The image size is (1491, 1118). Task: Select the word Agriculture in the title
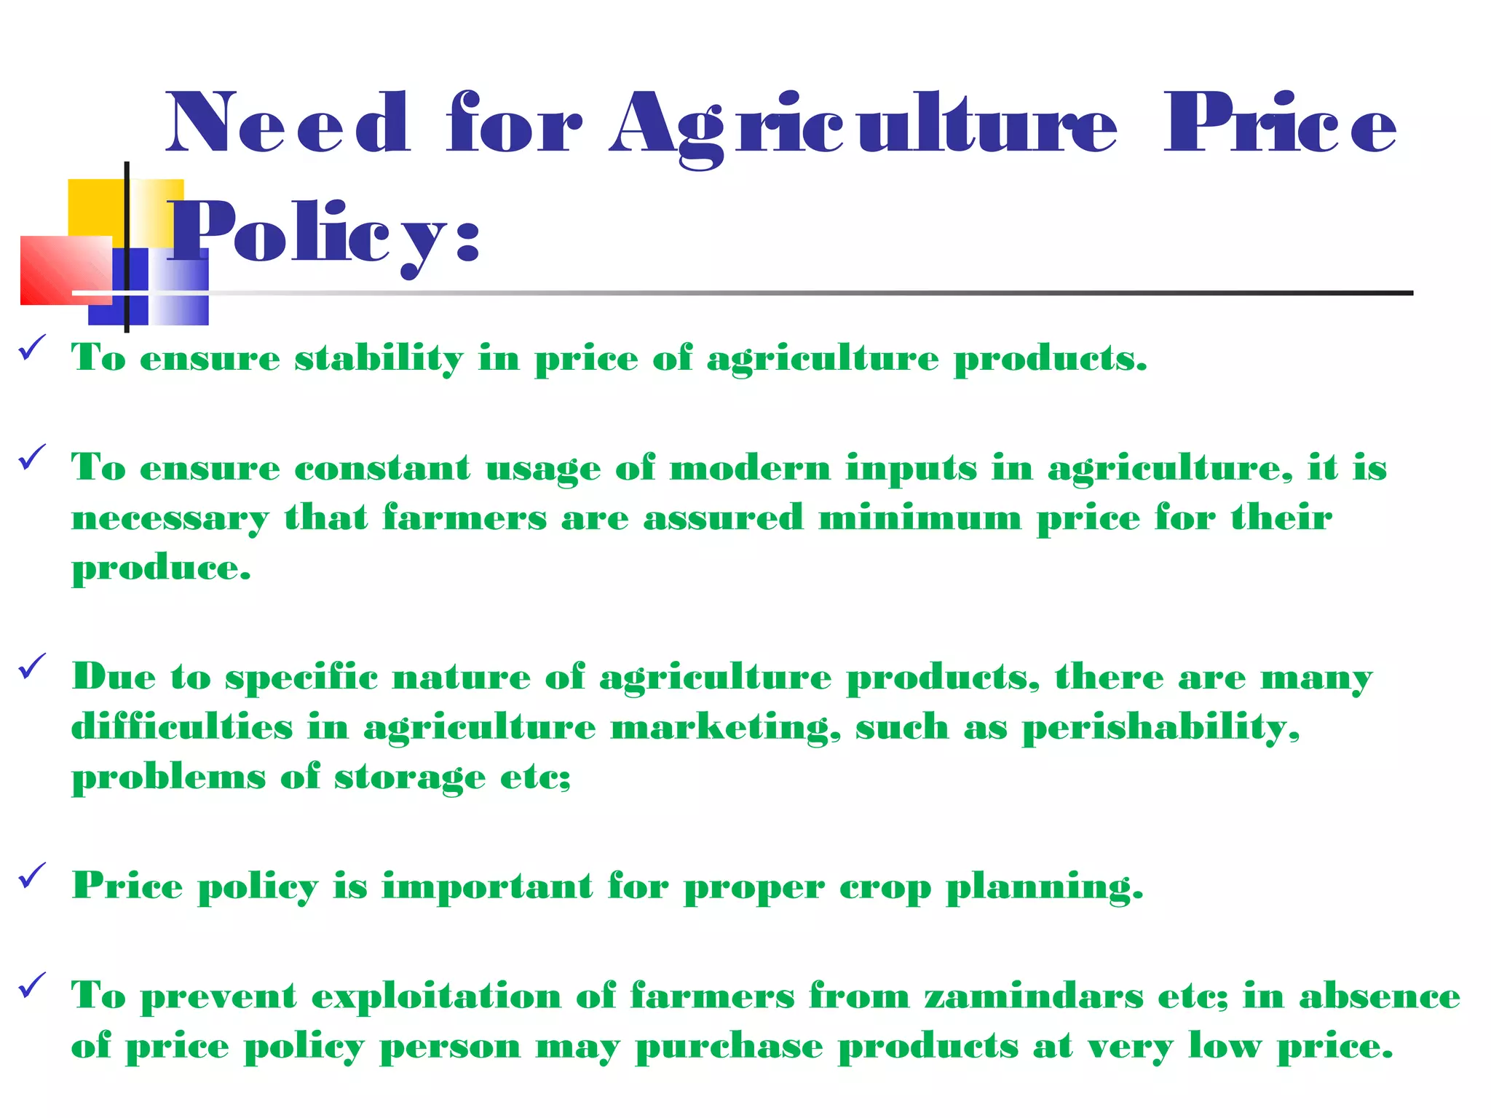[863, 125]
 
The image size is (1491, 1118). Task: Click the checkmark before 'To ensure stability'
[32, 347]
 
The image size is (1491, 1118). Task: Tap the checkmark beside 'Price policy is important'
[32, 876]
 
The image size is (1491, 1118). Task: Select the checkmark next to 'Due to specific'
[32, 666]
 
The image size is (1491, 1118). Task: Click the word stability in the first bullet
[379, 358]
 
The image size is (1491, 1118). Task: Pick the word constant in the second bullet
[382, 468]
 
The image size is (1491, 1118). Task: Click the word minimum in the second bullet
[920, 518]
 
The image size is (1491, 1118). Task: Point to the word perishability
[1160, 728]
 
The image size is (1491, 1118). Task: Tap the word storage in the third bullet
[410, 778]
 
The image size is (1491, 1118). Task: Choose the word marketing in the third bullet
[725, 728]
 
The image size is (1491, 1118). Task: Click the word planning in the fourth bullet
[1044, 887]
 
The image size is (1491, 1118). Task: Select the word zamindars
[1034, 996]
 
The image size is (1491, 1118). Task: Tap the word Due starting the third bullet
[114, 677]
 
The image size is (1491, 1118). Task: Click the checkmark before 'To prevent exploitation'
[32, 986]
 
